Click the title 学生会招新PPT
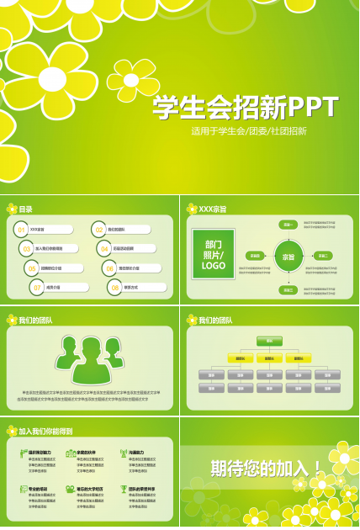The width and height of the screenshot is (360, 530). (245, 108)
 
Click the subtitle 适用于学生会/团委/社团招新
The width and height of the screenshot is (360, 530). (248, 131)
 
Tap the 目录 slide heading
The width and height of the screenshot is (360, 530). (26, 209)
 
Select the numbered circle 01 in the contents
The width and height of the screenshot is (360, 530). (21, 229)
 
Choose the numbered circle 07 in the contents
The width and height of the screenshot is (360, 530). (37, 287)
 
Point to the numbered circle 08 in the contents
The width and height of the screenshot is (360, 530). (115, 287)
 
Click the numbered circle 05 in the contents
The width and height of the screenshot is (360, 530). (32, 268)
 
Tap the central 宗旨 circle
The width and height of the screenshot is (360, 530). (288, 257)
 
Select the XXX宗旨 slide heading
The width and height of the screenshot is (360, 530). (212, 209)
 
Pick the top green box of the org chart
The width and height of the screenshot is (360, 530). (269, 341)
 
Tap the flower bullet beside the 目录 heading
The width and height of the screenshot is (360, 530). (12, 209)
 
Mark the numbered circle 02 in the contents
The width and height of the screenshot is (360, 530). (98, 229)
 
